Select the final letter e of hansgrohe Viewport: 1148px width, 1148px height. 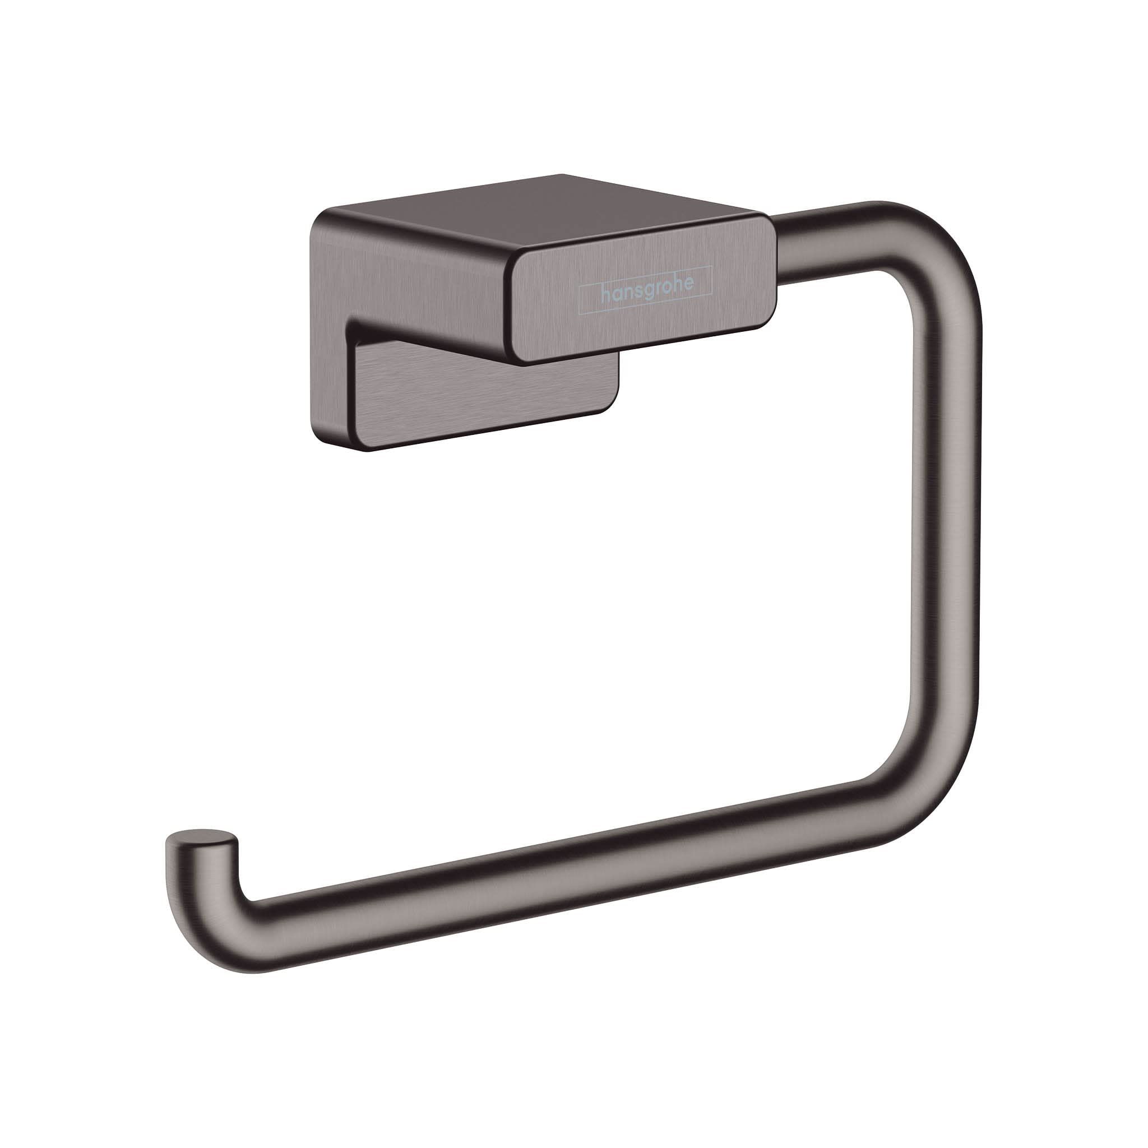(687, 285)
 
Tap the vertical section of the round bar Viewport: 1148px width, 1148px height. (945, 505)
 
